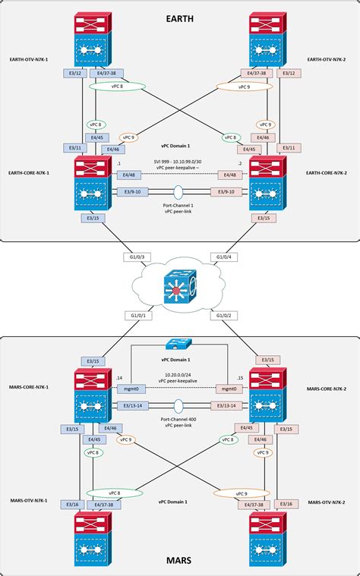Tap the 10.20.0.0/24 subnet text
pos(180,374)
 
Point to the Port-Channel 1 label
pos(180,207)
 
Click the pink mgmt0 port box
pos(229,388)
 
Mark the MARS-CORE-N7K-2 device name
pos(327,389)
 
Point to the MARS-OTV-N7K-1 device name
pos(30,502)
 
